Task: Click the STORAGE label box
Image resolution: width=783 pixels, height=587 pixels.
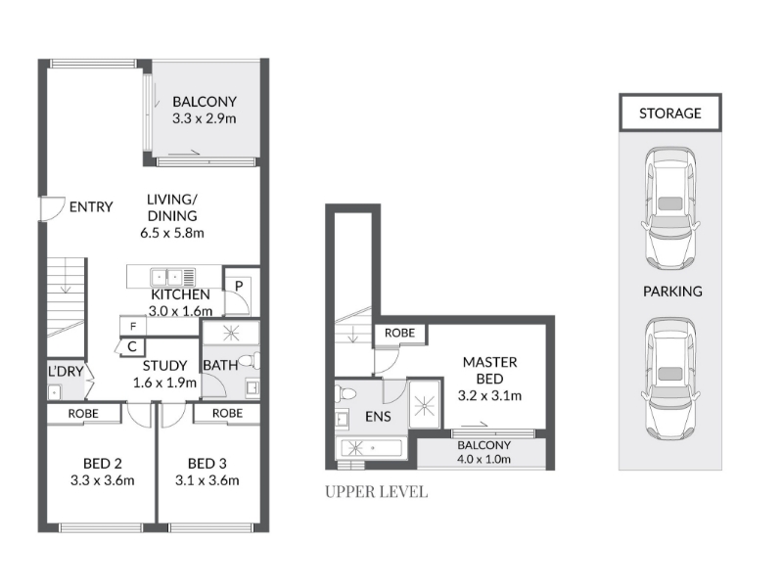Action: (x=670, y=113)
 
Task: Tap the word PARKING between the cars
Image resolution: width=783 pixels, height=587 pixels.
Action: (x=672, y=291)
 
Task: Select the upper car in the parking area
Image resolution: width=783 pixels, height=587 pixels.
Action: (x=670, y=209)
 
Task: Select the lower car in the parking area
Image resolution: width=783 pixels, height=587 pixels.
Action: (x=670, y=380)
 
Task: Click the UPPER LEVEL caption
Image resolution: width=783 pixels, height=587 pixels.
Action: (x=377, y=492)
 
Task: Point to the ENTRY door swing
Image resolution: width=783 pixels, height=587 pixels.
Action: (x=53, y=208)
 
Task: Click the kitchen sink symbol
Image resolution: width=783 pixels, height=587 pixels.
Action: (x=173, y=277)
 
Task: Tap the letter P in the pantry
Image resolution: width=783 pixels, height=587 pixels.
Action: (x=239, y=286)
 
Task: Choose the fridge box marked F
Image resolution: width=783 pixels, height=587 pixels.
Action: (x=133, y=326)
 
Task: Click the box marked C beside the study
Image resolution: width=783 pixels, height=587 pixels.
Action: (x=131, y=346)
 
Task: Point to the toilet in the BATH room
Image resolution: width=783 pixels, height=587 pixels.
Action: (x=249, y=360)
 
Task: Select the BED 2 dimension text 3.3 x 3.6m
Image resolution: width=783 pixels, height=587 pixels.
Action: (x=103, y=480)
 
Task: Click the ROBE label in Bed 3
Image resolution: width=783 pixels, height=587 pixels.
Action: (x=227, y=413)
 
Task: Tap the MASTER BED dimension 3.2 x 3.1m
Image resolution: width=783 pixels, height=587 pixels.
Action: (x=490, y=395)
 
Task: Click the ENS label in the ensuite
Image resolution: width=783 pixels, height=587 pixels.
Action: (x=378, y=417)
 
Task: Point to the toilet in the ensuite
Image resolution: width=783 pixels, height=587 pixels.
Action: (x=345, y=393)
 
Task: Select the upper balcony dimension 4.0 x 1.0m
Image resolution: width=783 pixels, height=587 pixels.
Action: (x=484, y=459)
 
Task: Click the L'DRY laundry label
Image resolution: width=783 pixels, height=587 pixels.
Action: (x=66, y=371)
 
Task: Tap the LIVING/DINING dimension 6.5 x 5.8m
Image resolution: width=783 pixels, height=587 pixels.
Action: (x=172, y=233)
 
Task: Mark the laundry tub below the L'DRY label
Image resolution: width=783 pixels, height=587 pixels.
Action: (x=54, y=392)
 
